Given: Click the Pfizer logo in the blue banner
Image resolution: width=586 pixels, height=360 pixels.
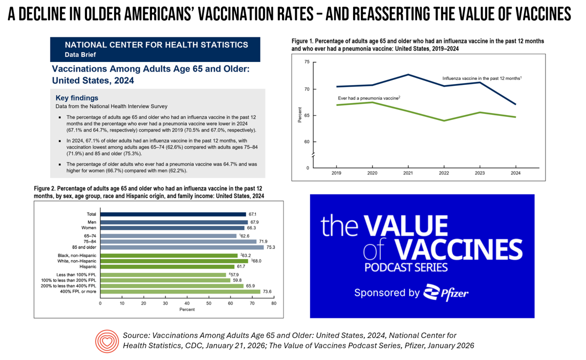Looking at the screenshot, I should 445,292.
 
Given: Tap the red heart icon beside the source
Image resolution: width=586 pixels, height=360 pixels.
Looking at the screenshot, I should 107,341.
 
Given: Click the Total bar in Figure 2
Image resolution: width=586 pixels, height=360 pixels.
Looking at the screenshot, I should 173,214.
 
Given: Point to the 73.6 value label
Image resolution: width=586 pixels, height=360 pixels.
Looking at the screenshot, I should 267,291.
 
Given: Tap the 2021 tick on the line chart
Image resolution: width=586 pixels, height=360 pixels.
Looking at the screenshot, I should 408,172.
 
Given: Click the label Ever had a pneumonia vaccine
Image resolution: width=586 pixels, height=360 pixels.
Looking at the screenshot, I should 369,98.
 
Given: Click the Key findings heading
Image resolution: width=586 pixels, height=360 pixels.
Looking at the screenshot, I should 77,98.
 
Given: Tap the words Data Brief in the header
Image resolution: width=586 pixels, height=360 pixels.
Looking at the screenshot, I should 79,54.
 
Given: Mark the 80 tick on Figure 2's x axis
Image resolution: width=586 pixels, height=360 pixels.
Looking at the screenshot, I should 273,303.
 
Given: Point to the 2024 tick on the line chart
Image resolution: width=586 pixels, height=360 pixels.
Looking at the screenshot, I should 515,172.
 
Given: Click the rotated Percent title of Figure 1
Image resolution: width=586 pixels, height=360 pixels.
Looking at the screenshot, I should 300,114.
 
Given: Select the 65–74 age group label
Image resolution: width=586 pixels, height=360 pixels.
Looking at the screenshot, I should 91,236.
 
